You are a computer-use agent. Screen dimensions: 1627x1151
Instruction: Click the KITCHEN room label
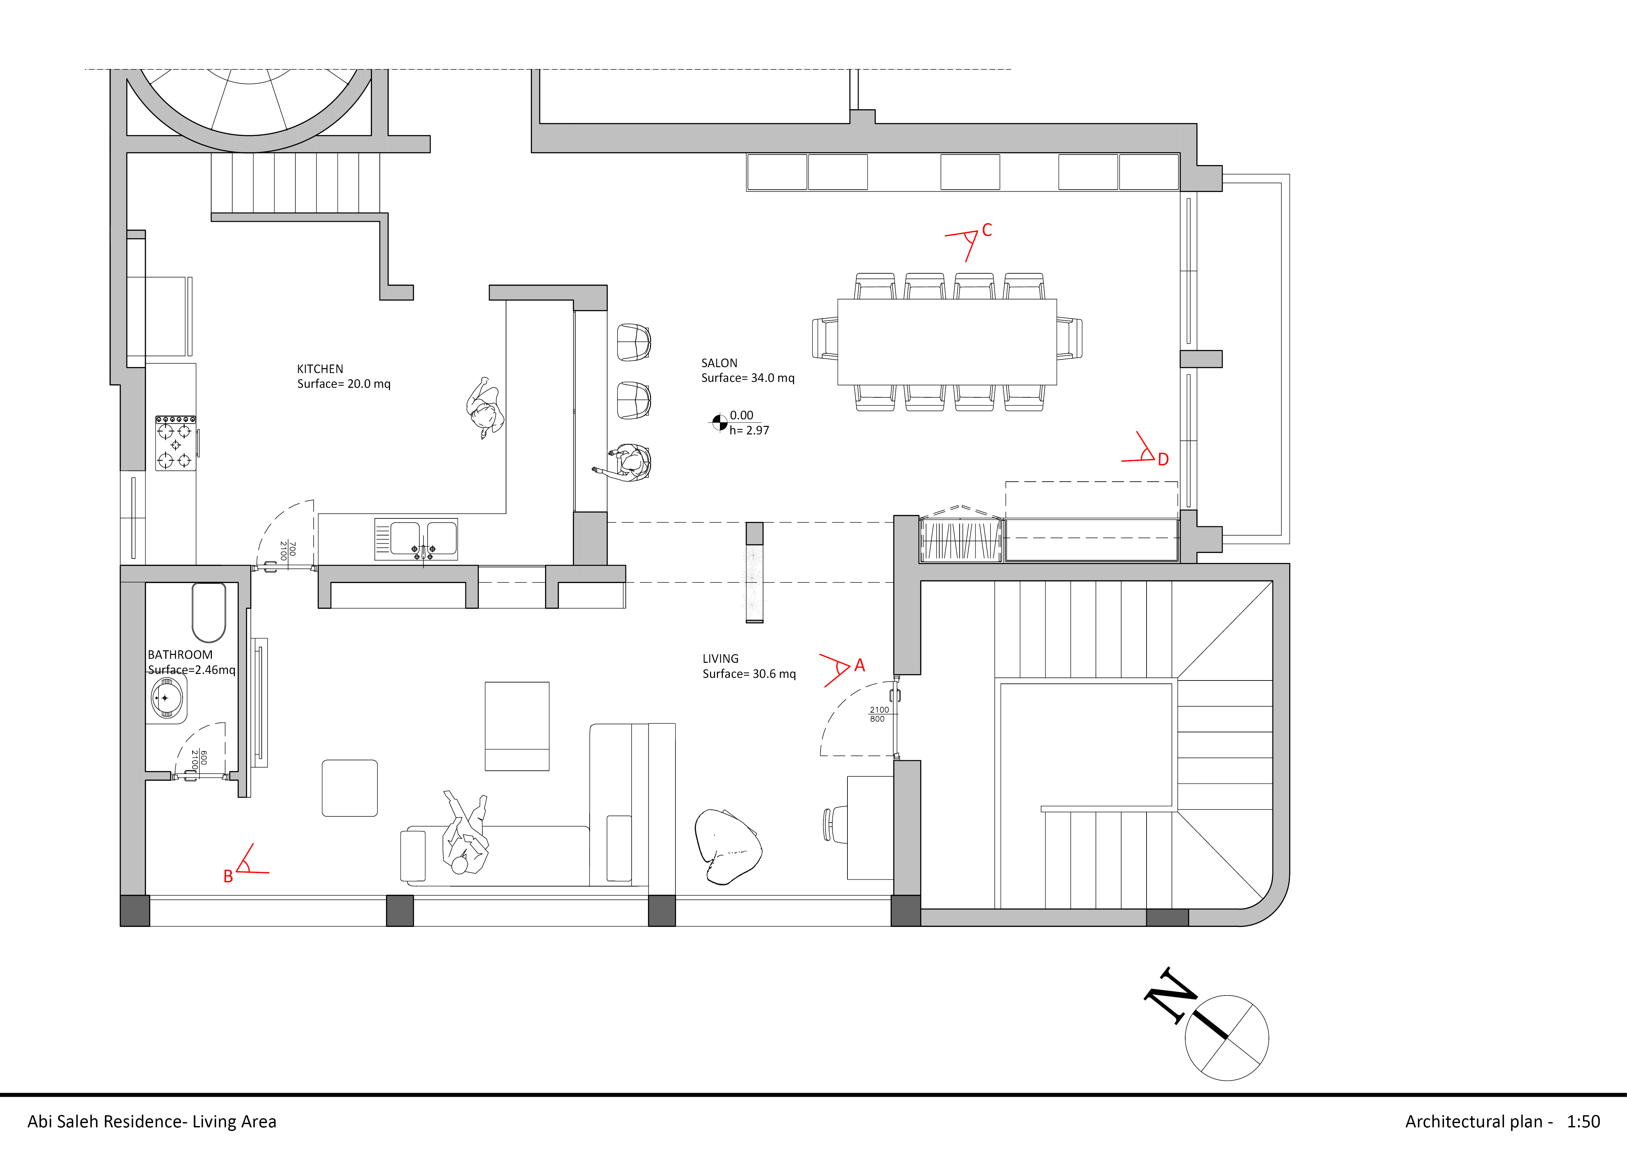[x=319, y=368]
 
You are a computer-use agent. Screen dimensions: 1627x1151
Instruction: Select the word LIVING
[x=720, y=659]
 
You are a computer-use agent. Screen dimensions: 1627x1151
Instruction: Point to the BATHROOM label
[x=180, y=655]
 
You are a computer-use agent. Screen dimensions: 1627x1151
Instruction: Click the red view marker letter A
[x=860, y=665]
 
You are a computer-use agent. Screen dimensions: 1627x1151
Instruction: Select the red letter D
[x=1163, y=459]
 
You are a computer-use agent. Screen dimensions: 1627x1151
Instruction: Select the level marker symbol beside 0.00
[x=719, y=422]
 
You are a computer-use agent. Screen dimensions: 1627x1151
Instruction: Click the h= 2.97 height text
[x=749, y=430]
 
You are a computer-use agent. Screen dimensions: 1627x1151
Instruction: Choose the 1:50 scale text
[x=1583, y=1121]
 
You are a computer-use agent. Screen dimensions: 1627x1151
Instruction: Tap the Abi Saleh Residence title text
[x=152, y=1121]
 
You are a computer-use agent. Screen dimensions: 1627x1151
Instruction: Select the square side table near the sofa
[x=349, y=788]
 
